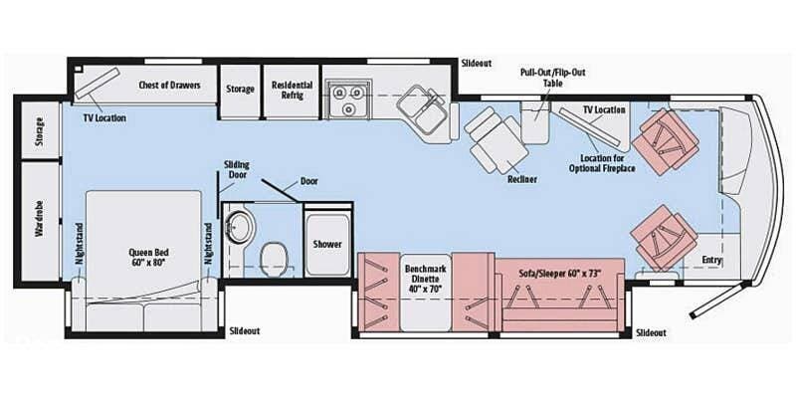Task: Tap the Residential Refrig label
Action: pyautogui.click(x=293, y=91)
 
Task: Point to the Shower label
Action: pyautogui.click(x=327, y=244)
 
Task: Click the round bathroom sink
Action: pyautogui.click(x=239, y=225)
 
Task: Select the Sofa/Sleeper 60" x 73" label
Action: pyautogui.click(x=562, y=269)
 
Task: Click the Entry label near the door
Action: pyautogui.click(x=711, y=260)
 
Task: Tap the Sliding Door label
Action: pyautogui.click(x=236, y=170)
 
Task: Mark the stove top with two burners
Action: pyautogui.click(x=346, y=96)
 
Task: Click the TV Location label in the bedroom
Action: pyautogui.click(x=104, y=117)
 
